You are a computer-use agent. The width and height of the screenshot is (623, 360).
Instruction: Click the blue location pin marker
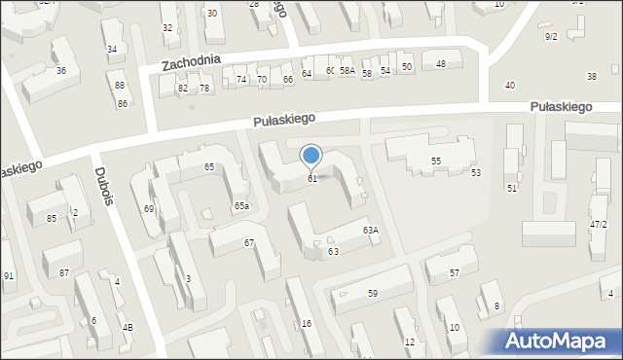(x=311, y=156)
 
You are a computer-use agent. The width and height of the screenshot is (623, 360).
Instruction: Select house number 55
(x=436, y=161)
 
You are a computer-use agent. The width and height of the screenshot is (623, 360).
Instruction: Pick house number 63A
(x=370, y=231)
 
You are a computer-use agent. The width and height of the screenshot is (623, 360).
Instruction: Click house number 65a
(x=241, y=206)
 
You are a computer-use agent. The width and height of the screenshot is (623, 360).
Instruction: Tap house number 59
(x=373, y=293)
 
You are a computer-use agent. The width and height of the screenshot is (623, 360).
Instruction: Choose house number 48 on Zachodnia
(x=441, y=64)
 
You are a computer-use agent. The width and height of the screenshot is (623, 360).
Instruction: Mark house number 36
(x=61, y=71)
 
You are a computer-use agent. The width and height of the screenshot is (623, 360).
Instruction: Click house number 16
(x=307, y=323)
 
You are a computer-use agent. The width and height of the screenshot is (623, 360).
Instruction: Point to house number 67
(x=249, y=242)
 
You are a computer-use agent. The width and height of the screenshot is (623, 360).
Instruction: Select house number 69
(x=149, y=209)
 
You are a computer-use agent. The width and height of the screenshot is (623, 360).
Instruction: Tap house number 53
(x=476, y=173)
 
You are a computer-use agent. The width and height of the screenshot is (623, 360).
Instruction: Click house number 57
(x=454, y=273)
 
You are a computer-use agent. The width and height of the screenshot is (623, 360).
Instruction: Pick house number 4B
(x=128, y=327)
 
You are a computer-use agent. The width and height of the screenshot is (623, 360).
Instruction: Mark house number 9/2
(x=551, y=37)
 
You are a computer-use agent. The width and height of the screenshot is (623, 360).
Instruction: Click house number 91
(x=9, y=276)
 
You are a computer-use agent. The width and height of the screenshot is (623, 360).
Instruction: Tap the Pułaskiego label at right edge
(x=562, y=107)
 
